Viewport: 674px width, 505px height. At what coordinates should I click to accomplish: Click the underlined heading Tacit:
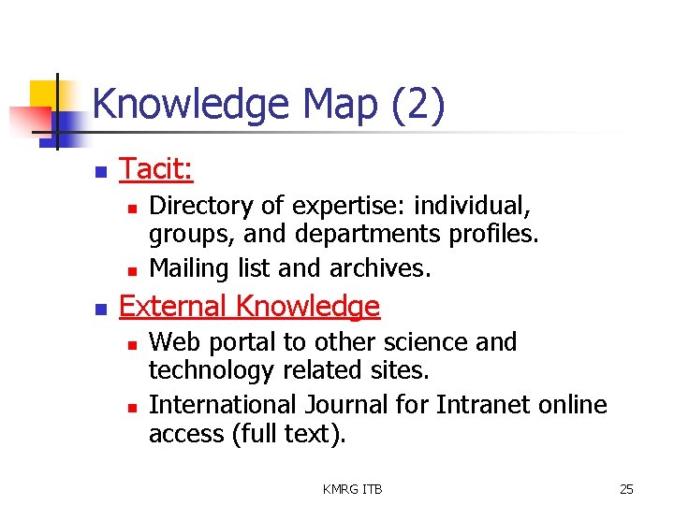tap(156, 169)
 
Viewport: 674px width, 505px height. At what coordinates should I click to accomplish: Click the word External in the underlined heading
tap(174, 307)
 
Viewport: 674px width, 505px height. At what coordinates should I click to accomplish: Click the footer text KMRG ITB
tap(352, 489)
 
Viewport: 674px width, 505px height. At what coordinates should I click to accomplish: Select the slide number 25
tap(626, 489)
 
